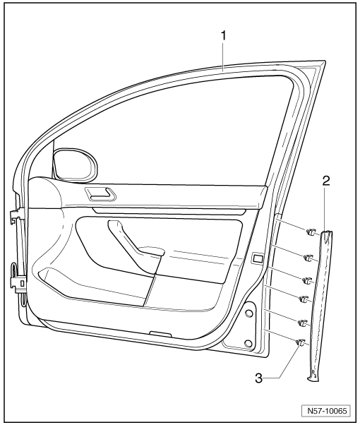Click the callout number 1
pos(223,35)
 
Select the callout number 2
pos(326,181)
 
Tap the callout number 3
pos(259,378)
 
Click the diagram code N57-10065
pos(327,411)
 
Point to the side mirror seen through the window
pos(75,164)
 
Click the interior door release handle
pos(100,193)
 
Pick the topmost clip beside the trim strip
pos(310,232)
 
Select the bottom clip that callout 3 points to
pos(301,342)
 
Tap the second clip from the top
pos(308,258)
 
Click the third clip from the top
pos(306,281)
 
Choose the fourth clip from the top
pos(304,299)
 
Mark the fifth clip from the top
pos(302,323)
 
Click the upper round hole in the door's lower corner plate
pos(248,313)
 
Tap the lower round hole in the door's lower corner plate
pos(248,343)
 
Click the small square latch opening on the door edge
pos(258,258)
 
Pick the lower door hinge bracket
pos(18,284)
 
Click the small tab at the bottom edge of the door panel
pos(160,334)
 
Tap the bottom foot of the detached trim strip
pos(314,376)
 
